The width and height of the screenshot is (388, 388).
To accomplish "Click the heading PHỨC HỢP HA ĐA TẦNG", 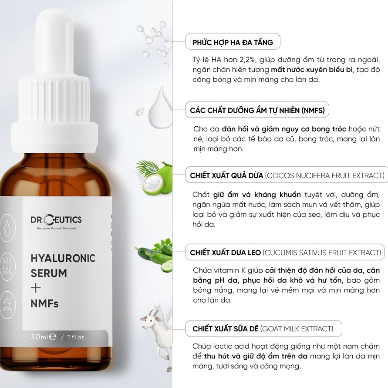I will pyautogui.click(x=233, y=42).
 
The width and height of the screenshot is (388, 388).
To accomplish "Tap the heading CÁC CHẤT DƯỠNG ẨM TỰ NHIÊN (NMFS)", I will pyautogui.click(x=257, y=111).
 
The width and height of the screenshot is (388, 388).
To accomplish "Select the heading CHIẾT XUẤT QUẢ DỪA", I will pyautogui.click(x=227, y=175).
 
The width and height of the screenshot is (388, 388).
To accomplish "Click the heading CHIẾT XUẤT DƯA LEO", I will pyautogui.click(x=226, y=253).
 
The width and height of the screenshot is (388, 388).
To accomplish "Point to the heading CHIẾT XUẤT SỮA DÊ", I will pyautogui.click(x=226, y=328).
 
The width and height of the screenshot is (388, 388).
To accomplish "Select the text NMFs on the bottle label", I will pyautogui.click(x=44, y=303).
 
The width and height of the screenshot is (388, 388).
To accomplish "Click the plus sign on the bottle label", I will pyautogui.click(x=35, y=288).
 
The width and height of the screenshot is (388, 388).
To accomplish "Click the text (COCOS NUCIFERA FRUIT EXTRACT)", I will pyautogui.click(x=324, y=175).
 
